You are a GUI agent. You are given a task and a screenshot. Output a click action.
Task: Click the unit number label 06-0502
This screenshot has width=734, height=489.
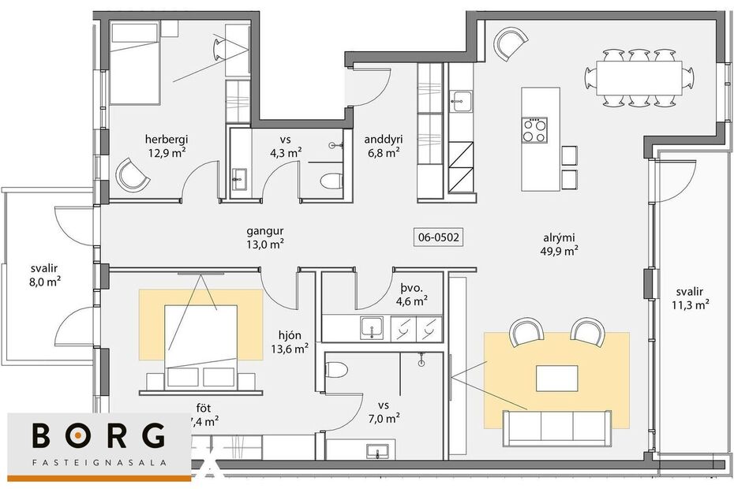[x=437, y=236]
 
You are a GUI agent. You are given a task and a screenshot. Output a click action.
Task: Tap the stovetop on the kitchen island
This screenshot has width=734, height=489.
[x=534, y=129]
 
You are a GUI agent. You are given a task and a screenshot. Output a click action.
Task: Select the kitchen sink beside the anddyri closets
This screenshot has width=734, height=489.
[x=460, y=100]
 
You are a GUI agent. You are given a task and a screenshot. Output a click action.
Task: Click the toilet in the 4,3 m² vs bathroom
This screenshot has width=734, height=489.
[x=330, y=181]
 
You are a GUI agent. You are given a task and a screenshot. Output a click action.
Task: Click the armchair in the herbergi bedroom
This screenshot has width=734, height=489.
[x=132, y=174]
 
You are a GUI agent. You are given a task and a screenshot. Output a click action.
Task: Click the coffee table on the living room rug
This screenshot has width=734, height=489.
[x=556, y=378]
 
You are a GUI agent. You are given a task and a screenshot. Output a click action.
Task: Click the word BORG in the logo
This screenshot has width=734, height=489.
[x=99, y=437]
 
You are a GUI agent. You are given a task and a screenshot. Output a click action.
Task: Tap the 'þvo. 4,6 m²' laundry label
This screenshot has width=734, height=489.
[x=410, y=293]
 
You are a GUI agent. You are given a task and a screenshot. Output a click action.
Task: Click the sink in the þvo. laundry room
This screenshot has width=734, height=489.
[x=371, y=327]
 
